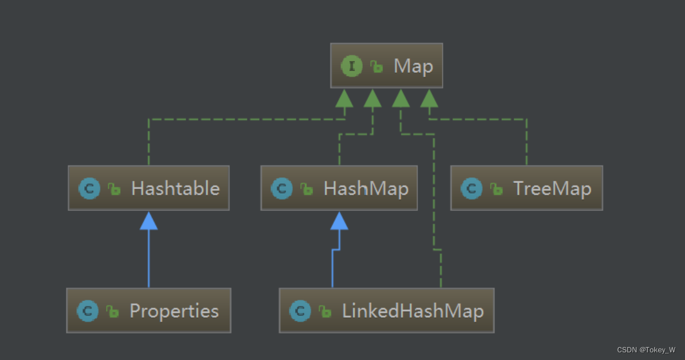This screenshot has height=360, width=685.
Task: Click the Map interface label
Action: (x=413, y=67)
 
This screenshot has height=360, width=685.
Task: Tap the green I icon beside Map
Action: (x=352, y=66)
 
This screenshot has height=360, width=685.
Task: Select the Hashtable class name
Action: (x=175, y=189)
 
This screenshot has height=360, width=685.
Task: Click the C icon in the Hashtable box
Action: (x=89, y=189)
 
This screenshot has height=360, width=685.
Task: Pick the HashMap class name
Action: (x=366, y=189)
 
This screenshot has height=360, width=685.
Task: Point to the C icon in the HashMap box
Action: (x=282, y=189)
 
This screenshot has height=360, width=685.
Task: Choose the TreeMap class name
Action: (x=552, y=189)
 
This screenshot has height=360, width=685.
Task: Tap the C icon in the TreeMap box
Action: (x=471, y=189)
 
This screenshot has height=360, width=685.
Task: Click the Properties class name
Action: (x=174, y=311)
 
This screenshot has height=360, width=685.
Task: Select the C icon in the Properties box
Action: (x=87, y=311)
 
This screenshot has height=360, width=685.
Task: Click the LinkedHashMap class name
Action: (x=413, y=311)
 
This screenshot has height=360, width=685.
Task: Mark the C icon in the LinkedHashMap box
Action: (x=300, y=311)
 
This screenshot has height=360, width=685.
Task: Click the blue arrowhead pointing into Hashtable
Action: (x=148, y=220)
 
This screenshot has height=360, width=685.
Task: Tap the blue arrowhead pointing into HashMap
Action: (x=339, y=220)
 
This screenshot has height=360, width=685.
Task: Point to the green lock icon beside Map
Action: (x=376, y=67)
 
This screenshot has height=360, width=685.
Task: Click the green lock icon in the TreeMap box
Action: (x=497, y=189)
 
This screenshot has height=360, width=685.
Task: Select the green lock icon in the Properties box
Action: (x=112, y=311)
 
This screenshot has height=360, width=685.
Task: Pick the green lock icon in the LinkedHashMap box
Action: (x=325, y=311)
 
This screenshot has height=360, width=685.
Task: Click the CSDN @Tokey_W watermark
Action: (x=646, y=350)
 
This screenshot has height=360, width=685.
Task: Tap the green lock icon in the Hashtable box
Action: (x=114, y=189)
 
